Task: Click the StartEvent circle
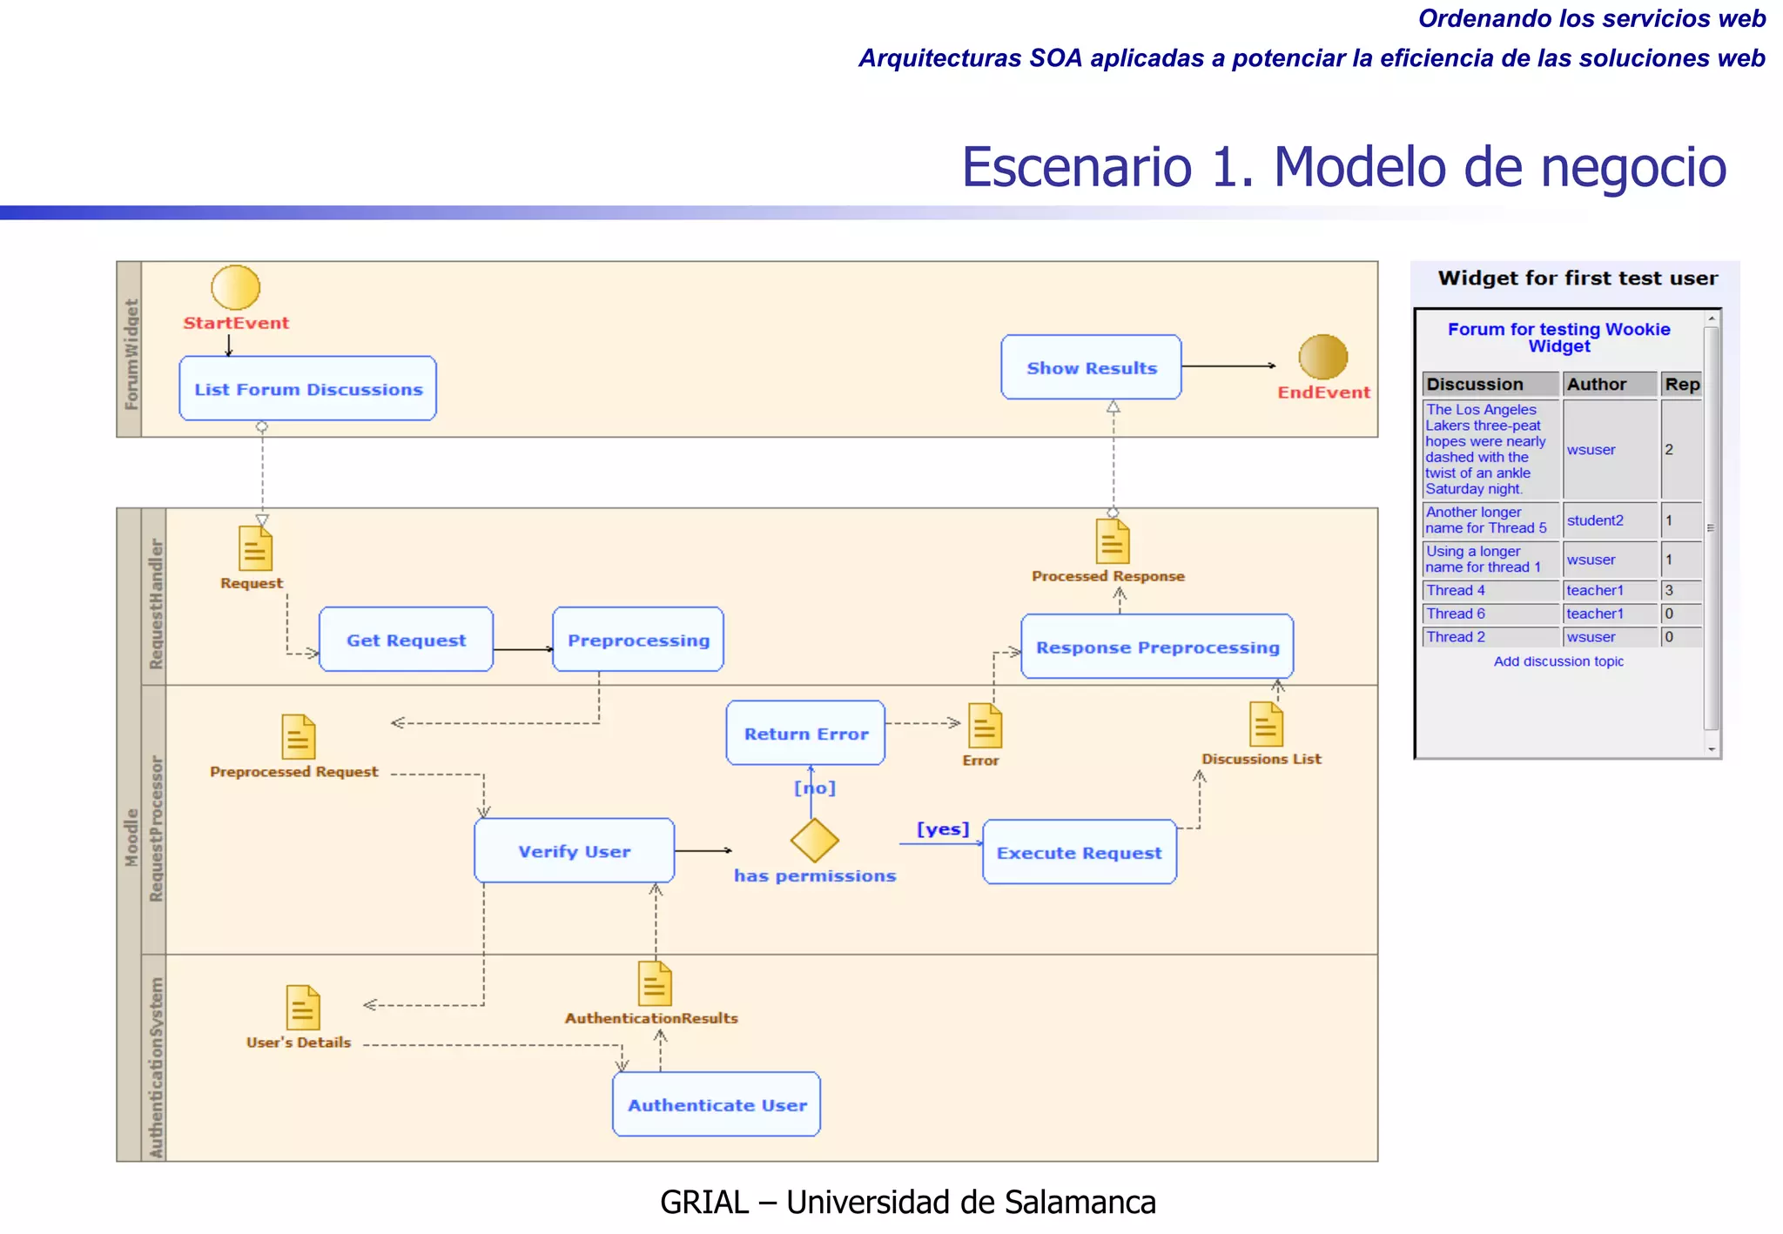click(235, 287)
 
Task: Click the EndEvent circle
click(1322, 357)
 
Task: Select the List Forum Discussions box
click(307, 389)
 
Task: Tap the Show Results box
click(1091, 367)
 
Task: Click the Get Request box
click(406, 640)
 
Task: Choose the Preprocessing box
click(638, 640)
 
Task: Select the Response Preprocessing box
click(1157, 647)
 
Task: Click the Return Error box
click(805, 734)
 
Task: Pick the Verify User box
click(574, 851)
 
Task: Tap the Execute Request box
click(1079, 853)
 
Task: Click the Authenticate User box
click(717, 1104)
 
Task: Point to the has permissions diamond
click(814, 840)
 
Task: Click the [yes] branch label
click(943, 828)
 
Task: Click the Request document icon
click(255, 549)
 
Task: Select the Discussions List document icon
click(1266, 724)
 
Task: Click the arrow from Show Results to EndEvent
click(1228, 366)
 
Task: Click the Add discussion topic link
click(1558, 661)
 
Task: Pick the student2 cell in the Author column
click(1595, 520)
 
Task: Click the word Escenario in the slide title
click(1076, 167)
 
